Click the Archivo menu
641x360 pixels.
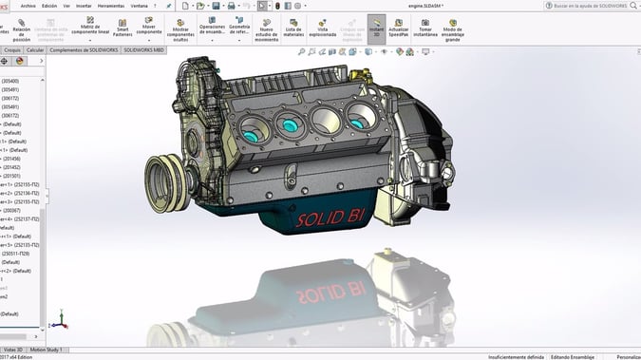click(x=28, y=6)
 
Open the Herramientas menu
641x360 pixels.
click(x=111, y=6)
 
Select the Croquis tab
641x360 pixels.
click(x=12, y=49)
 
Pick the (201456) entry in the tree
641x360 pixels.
click(x=11, y=159)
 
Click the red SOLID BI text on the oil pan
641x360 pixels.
click(x=329, y=219)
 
